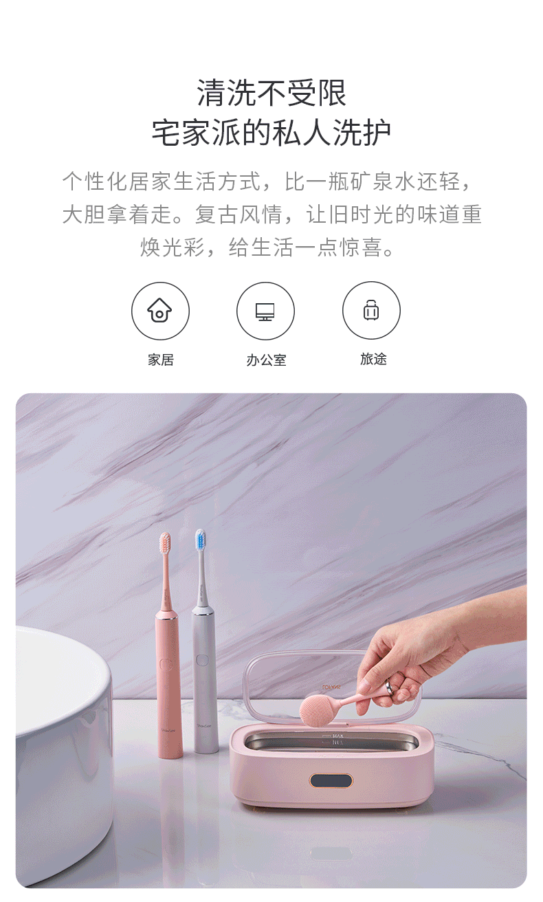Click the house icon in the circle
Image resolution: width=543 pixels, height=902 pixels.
click(x=159, y=310)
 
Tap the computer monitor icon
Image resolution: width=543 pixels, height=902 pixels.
click(x=265, y=311)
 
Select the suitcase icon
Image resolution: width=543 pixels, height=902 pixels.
click(x=371, y=309)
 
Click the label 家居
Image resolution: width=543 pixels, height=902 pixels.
click(x=161, y=360)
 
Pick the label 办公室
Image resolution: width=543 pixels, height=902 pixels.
click(x=266, y=360)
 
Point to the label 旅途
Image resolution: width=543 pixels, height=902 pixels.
click(x=373, y=359)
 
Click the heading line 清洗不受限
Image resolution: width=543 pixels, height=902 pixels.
click(x=271, y=93)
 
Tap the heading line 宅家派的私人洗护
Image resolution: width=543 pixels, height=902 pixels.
click(x=271, y=133)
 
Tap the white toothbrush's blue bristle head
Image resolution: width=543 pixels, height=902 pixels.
click(x=201, y=540)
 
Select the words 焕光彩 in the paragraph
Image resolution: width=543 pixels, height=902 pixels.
click(x=173, y=247)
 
